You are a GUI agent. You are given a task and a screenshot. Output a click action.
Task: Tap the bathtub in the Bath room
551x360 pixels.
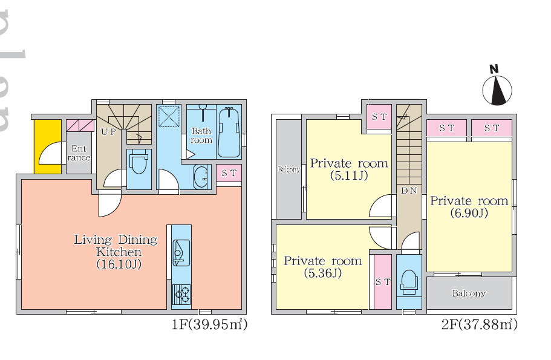pos(229,132)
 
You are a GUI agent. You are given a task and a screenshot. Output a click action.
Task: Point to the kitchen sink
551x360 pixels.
pos(181,253)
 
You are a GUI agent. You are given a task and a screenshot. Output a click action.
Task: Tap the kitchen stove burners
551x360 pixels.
pos(181,295)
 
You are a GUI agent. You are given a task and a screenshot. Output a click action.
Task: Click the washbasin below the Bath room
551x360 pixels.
pos(201,177)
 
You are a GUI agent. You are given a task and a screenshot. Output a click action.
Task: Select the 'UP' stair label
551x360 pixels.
pos(108,132)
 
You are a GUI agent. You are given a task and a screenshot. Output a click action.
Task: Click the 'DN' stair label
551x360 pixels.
pos(409,191)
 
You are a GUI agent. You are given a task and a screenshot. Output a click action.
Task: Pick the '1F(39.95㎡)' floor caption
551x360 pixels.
pos(209,324)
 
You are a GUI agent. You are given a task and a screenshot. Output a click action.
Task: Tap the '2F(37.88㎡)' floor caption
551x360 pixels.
pos(479,324)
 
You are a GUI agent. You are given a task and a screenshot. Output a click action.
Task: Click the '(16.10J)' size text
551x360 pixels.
pos(119,264)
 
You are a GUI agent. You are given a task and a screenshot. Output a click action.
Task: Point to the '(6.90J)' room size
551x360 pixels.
pos(469,213)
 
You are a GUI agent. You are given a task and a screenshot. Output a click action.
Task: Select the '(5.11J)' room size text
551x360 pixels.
pos(349,175)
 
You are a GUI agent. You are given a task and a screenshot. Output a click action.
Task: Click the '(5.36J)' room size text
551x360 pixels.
pos(323,273)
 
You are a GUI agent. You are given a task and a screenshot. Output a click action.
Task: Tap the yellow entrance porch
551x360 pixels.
pos(47,146)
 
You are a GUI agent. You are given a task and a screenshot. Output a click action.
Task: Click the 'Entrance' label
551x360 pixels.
pos(79,153)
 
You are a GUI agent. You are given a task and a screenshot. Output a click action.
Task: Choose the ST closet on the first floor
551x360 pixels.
pos(229,173)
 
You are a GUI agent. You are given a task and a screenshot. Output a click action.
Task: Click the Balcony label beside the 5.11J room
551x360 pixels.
pos(289,169)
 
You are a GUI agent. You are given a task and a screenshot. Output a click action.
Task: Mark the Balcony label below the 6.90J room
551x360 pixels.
pos(469,293)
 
